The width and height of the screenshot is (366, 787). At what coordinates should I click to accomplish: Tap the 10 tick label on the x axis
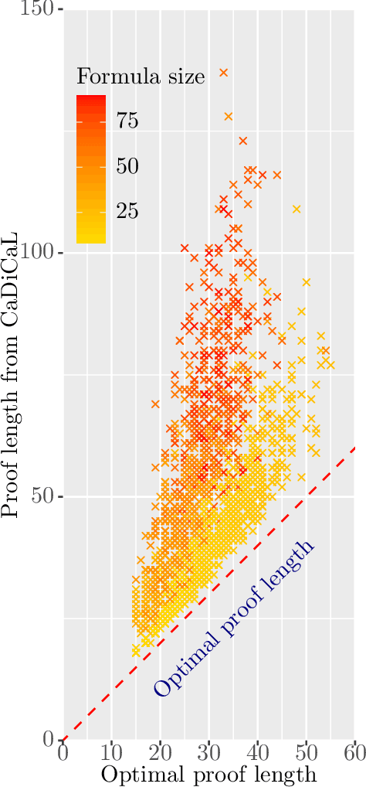coord(111,752)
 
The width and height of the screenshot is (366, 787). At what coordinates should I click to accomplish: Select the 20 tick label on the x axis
coord(160,752)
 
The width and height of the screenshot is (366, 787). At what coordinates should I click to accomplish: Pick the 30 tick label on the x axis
coord(208,752)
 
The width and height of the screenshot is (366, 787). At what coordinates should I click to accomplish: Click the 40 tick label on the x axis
coord(257,752)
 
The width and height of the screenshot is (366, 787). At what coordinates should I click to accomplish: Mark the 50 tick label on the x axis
coord(306,752)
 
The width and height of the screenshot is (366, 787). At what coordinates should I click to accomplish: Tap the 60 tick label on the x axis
coord(354,752)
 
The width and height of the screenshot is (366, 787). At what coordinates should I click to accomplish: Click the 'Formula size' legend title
coord(141,76)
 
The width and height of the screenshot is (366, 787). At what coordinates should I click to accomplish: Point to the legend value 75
coord(127,121)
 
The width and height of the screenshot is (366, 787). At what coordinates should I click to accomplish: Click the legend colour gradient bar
coord(91,169)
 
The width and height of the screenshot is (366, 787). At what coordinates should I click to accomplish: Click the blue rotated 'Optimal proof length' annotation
coord(234,618)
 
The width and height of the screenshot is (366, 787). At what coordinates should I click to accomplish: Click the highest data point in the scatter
coord(224,73)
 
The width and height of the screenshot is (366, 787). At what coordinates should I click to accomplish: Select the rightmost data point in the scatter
coord(330,365)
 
